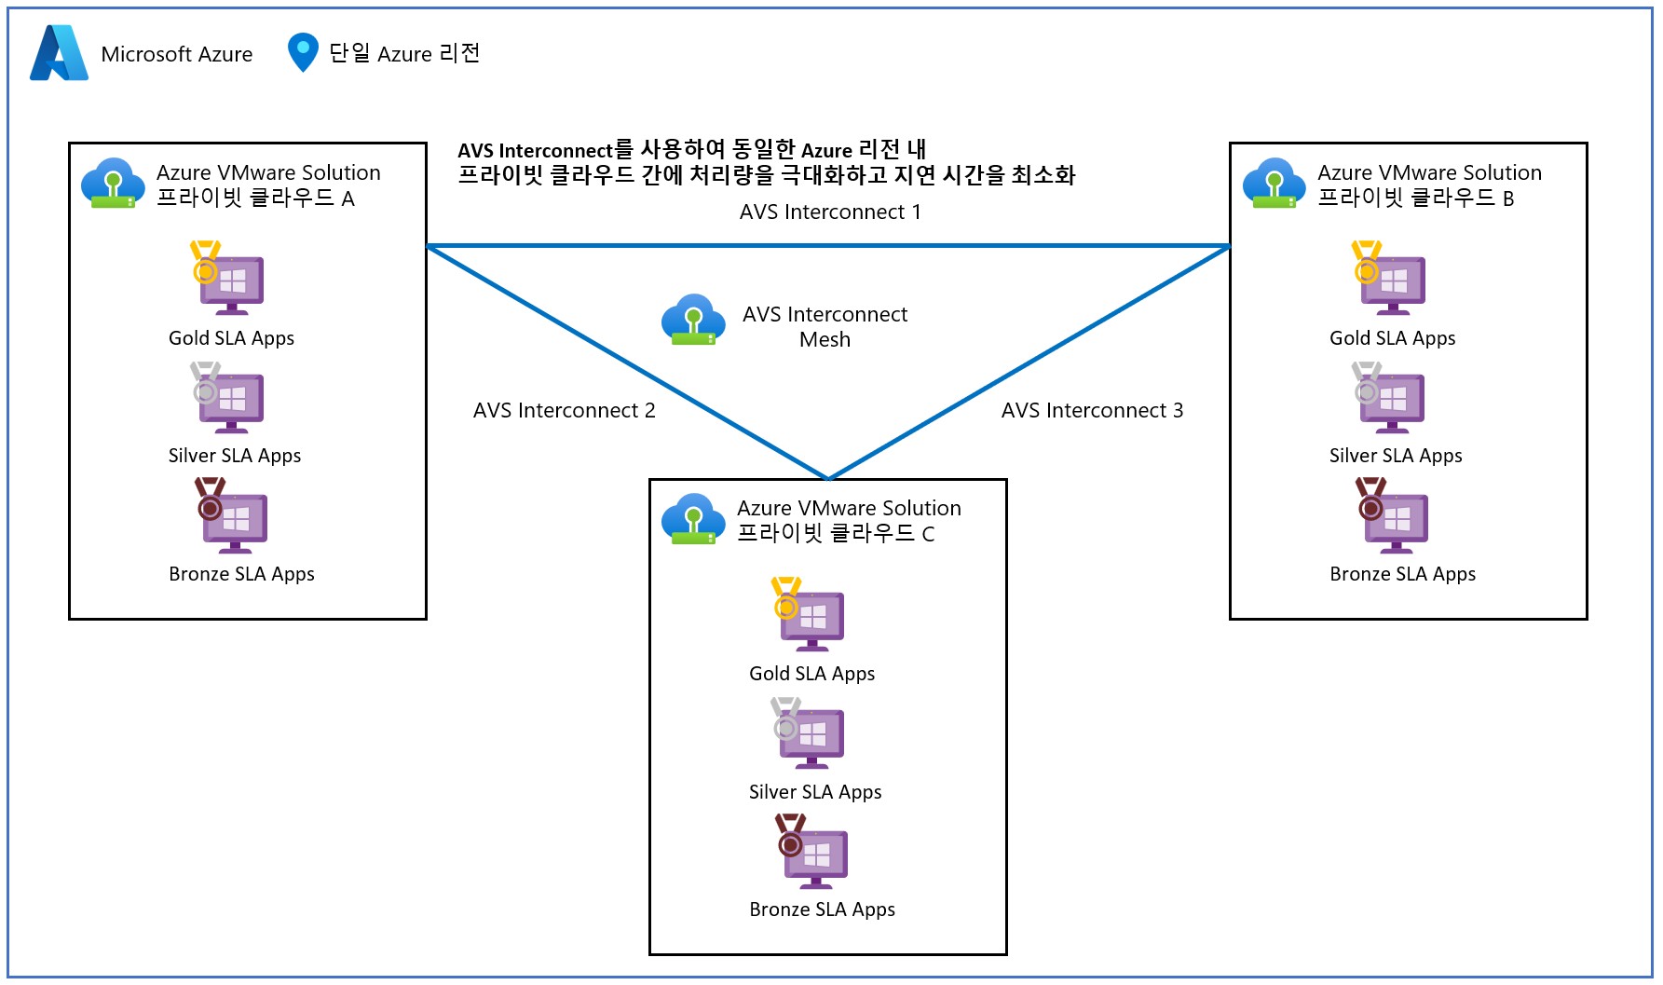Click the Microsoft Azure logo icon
[59, 53]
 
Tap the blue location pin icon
[303, 52]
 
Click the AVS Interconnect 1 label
[830, 212]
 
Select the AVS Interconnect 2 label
[564, 411]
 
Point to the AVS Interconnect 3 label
[1092, 411]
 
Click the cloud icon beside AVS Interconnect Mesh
[693, 320]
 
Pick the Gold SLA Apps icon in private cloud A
[228, 279]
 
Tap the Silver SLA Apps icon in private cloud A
[228, 398]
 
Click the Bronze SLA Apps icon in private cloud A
[231, 515]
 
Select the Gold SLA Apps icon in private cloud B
[1389, 279]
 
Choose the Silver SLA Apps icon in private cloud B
[1389, 398]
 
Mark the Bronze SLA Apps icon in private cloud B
[1392, 515]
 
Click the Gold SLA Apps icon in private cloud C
[809, 614]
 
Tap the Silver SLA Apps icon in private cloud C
[809, 733]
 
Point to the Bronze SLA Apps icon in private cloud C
[812, 851]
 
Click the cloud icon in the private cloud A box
[113, 183]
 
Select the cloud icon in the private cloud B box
[1274, 183]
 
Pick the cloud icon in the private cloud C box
[693, 518]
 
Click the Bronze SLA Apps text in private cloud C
[822, 910]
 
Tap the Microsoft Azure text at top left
[176, 54]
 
